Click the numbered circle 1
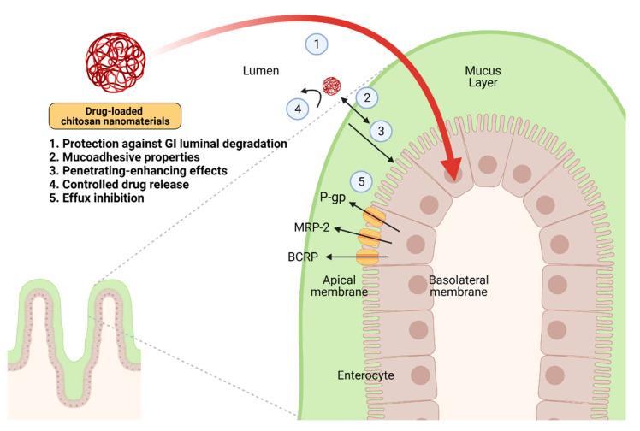[316, 44]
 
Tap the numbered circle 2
[365, 97]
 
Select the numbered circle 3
[382, 131]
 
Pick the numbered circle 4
[296, 109]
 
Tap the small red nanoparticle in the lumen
[331, 86]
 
